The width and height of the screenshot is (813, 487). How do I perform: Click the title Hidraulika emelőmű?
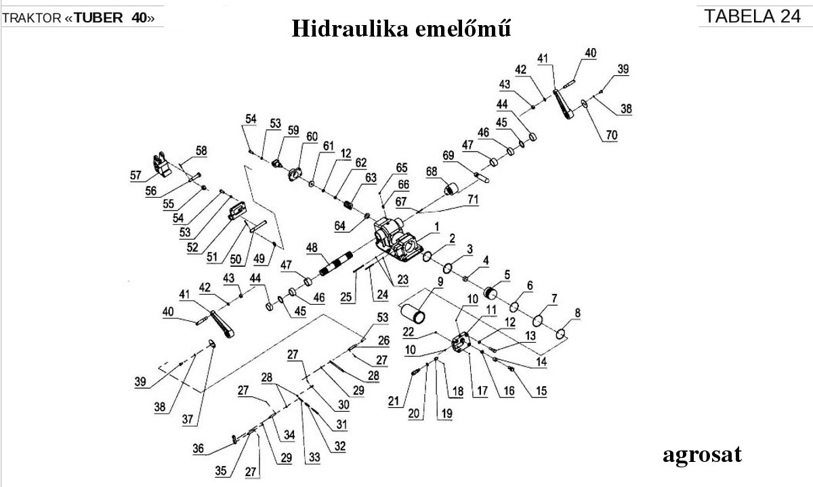(x=400, y=28)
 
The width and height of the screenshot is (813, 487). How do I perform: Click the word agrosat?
(x=702, y=454)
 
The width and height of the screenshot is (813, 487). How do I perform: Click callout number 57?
(x=136, y=175)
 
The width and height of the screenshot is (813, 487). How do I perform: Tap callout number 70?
(x=611, y=135)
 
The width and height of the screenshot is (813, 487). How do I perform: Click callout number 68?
(x=432, y=173)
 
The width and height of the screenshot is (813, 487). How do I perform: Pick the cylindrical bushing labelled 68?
(x=451, y=186)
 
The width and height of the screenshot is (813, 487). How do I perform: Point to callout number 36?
(x=198, y=448)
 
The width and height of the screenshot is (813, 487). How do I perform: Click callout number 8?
(x=577, y=313)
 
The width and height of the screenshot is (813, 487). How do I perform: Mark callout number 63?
(x=370, y=177)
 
